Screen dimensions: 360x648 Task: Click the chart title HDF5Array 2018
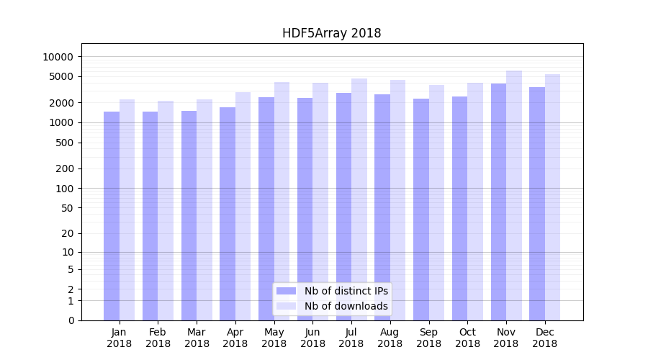pos(331,33)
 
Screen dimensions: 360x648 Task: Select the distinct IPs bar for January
pos(112,216)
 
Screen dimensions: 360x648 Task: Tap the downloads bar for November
pos(514,194)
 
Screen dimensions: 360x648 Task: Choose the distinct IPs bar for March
pos(189,215)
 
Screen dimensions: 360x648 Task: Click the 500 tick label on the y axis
pos(64,143)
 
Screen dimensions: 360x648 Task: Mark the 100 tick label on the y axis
pos(64,189)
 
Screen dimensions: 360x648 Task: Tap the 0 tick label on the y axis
pos(71,320)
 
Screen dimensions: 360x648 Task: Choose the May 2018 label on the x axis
pos(274,338)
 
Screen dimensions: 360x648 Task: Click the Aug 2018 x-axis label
pos(390,338)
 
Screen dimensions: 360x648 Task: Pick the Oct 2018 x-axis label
pos(467,338)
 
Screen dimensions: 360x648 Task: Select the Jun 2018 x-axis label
pos(312,338)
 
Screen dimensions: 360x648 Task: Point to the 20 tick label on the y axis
pos(67,233)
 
